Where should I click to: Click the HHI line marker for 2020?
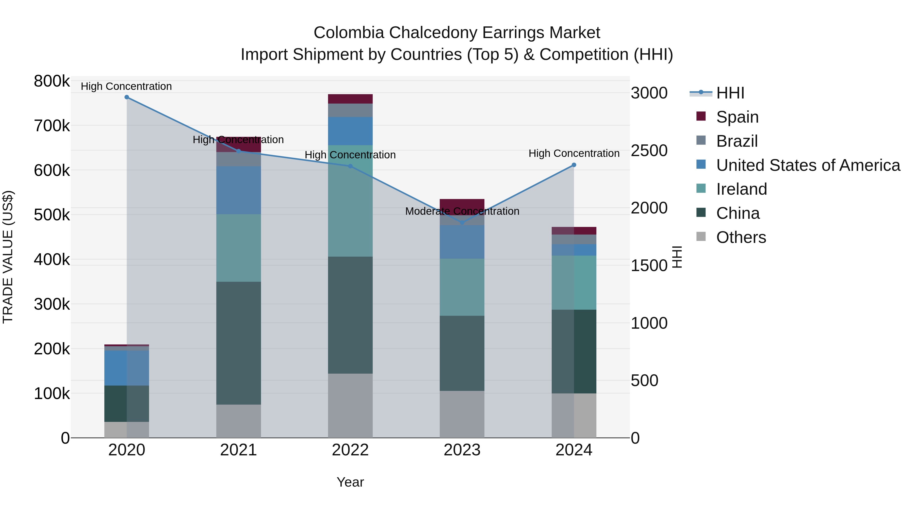[x=127, y=97]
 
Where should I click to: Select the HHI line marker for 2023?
[x=462, y=223]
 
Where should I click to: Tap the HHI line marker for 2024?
[x=574, y=165]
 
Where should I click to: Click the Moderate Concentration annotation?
[x=462, y=211]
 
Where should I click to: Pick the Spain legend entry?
[x=737, y=117]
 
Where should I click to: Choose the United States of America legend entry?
[x=808, y=165]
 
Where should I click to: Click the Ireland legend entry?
[x=741, y=189]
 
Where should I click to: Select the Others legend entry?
[x=741, y=237]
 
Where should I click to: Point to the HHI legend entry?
[x=730, y=93]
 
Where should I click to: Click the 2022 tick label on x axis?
[x=350, y=450]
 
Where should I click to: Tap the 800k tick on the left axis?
[x=52, y=81]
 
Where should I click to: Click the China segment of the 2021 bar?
[x=238, y=343]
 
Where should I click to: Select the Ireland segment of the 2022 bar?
[x=350, y=201]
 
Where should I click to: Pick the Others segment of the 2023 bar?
[x=462, y=414]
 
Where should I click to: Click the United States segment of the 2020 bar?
[x=127, y=368]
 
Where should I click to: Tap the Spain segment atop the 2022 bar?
[x=350, y=99]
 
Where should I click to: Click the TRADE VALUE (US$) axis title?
[x=8, y=257]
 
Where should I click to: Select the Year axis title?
[x=350, y=482]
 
